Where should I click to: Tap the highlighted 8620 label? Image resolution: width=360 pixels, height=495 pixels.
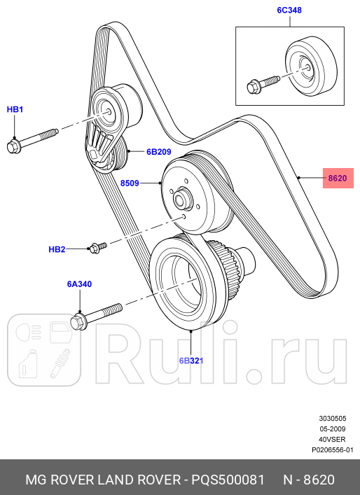click(338, 179)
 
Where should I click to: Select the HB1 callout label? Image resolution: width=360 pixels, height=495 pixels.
click(15, 110)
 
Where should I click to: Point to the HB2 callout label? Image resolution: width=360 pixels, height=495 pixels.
click(57, 249)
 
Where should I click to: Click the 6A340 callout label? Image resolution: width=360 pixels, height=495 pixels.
click(80, 284)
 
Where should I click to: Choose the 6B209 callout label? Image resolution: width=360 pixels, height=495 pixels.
click(158, 151)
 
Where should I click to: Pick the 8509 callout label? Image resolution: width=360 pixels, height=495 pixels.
click(130, 183)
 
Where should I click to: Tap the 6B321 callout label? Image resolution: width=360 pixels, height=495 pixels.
click(191, 361)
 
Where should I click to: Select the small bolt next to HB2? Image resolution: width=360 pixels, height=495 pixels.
click(97, 246)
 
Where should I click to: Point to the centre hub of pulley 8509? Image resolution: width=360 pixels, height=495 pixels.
click(180, 198)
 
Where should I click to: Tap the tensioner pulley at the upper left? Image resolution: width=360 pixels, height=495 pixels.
click(111, 111)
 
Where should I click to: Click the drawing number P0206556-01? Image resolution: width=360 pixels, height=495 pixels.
click(333, 450)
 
